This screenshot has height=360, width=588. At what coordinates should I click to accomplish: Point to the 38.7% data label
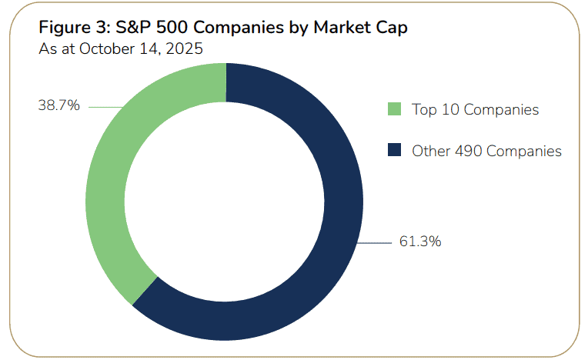coord(58,106)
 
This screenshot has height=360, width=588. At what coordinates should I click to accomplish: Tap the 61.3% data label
coord(419,242)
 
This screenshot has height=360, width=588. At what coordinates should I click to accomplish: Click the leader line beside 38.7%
coord(105,107)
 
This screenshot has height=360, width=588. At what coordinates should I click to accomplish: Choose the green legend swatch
coord(395,109)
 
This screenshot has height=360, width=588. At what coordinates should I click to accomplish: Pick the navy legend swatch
coord(395,151)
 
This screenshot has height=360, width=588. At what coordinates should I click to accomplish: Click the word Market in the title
coord(326,28)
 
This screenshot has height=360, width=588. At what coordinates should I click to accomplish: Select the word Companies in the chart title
coord(230,28)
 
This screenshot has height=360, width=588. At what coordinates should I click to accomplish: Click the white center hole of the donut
coord(225,202)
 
